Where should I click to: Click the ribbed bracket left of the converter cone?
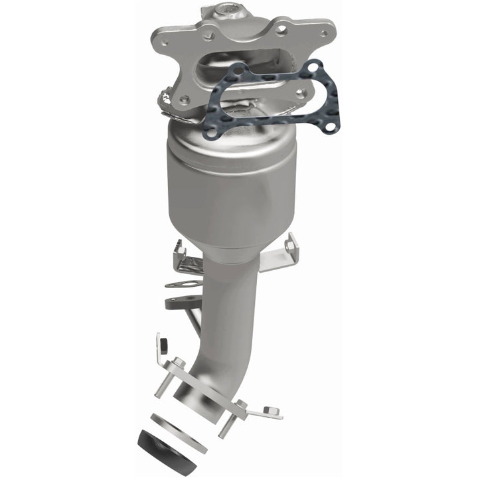coord(187,260)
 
